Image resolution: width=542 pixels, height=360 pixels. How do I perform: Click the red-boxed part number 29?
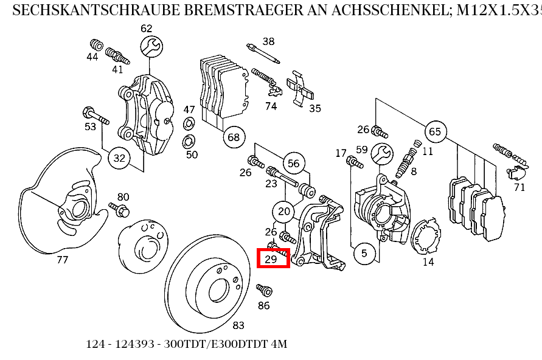272,259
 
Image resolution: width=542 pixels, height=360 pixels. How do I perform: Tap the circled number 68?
234,137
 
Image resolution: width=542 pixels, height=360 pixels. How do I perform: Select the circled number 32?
120,159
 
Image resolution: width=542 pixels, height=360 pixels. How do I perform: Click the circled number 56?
294,164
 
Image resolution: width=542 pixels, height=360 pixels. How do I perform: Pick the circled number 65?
434,131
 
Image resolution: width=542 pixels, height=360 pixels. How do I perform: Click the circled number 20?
283,212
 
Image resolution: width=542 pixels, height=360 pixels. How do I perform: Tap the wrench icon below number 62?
151,46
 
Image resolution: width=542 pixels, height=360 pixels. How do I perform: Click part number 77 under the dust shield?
62,260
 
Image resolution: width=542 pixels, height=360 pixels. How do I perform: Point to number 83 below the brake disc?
238,326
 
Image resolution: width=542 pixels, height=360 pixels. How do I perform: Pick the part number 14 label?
428,262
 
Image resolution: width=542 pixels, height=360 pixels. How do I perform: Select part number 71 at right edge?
519,187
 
